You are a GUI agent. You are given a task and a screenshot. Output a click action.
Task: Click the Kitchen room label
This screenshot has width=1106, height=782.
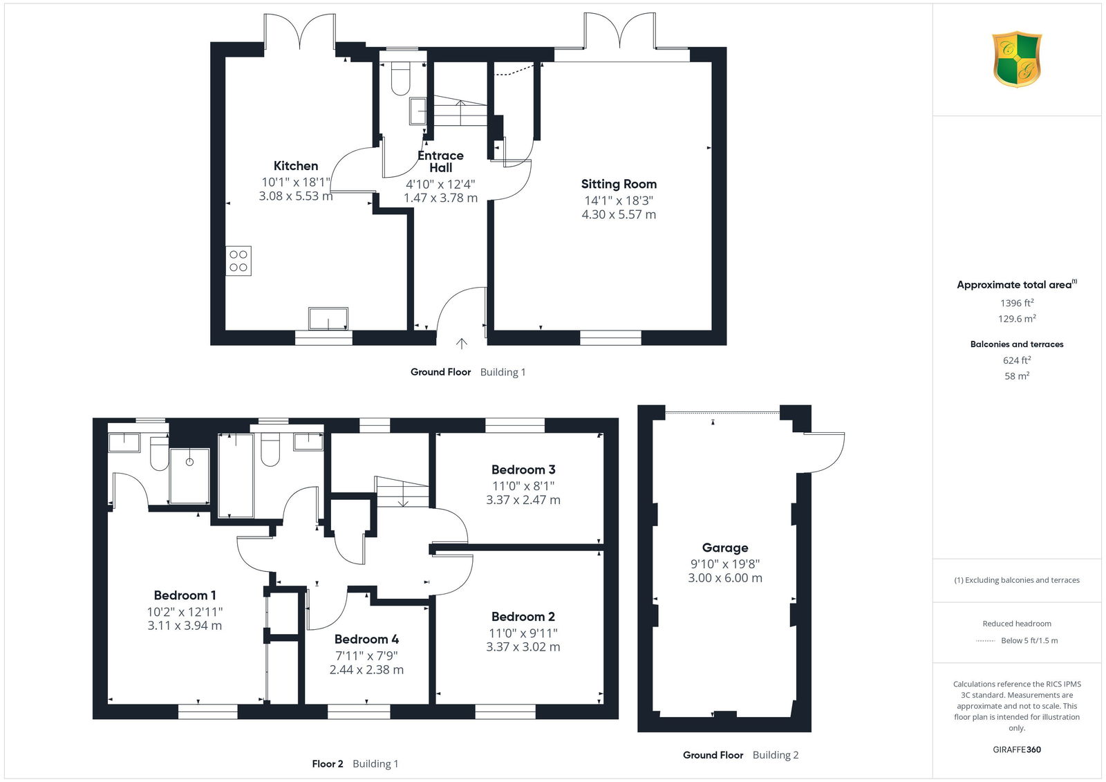296,166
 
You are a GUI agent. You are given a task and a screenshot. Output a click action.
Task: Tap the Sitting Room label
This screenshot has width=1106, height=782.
619,184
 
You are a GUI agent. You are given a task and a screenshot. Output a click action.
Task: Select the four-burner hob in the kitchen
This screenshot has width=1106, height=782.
238,261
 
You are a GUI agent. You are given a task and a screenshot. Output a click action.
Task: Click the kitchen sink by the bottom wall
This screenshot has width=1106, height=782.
328,319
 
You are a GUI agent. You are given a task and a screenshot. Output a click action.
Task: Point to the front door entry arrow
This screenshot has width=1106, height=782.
462,344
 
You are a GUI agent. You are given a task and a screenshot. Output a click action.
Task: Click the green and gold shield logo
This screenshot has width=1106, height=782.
1017,59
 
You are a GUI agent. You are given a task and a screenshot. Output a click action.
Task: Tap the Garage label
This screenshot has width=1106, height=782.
725,548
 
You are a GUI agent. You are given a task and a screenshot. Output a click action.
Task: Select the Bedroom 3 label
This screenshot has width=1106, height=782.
523,469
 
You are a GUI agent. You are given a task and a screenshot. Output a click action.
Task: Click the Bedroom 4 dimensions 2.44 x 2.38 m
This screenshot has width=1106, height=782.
366,670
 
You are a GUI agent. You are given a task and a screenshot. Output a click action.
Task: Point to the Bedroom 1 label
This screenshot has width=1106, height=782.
185,595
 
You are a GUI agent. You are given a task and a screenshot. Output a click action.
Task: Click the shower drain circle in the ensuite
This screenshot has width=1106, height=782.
189,462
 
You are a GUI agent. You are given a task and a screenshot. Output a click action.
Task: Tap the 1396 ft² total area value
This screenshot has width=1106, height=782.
1017,303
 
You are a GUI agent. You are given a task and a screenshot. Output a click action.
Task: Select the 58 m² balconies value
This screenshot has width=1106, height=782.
1017,376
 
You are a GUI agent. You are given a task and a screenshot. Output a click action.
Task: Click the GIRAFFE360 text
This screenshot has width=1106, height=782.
1017,750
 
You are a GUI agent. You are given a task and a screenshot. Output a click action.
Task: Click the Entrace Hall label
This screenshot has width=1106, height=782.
440,162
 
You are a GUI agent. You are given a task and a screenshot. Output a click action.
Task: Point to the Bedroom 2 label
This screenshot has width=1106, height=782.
523,617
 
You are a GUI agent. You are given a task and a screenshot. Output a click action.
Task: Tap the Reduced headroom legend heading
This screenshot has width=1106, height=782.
1017,624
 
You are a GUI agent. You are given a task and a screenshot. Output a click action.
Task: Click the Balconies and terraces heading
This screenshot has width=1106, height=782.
1017,344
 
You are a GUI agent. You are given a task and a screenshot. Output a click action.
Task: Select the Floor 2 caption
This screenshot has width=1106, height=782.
328,764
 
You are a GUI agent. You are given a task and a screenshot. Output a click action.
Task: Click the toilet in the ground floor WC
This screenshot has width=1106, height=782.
400,79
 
